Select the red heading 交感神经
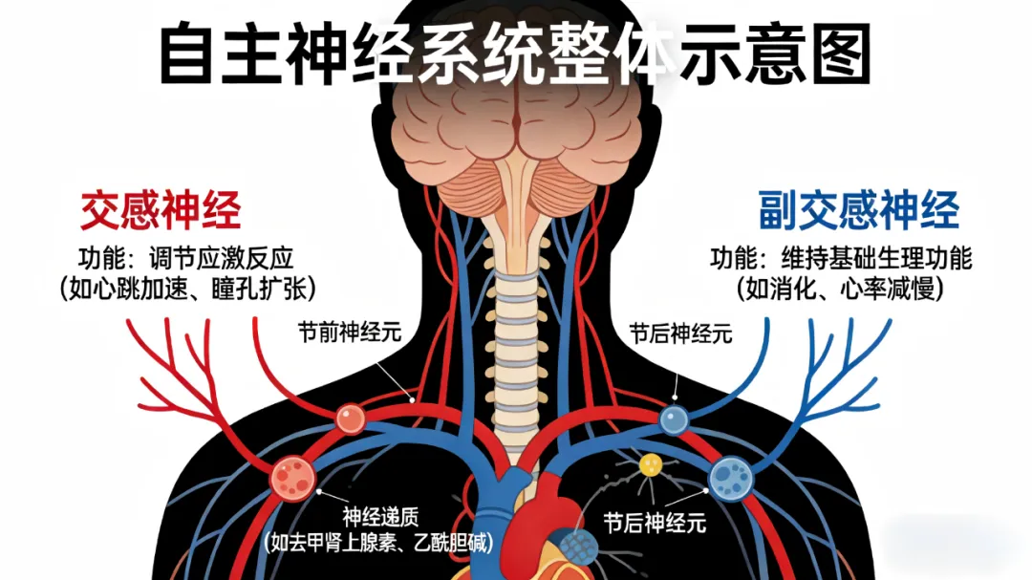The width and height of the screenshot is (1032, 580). point(161,209)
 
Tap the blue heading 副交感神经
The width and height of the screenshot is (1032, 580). point(859,210)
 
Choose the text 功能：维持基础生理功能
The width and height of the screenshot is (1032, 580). point(840,258)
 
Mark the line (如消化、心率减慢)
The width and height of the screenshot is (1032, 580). point(840,289)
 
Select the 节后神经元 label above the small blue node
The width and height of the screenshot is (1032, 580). point(680,333)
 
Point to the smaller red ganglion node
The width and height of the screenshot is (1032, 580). point(351,418)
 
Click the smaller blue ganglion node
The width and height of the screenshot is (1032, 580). point(675,419)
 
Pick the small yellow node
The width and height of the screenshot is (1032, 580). point(651,465)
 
